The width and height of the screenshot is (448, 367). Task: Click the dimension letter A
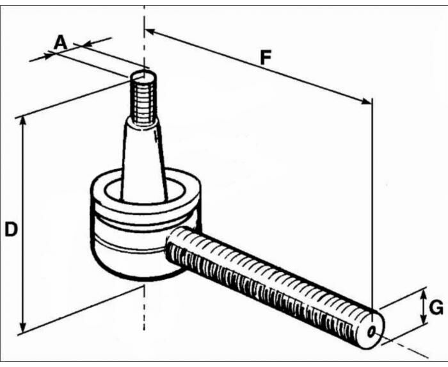point(60,43)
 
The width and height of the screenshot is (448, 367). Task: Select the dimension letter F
point(265,57)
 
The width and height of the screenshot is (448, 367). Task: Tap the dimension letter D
point(10,229)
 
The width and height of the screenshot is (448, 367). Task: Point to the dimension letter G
point(436,308)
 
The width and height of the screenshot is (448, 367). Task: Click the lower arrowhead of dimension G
point(422,321)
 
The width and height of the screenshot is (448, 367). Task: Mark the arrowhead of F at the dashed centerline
point(150,31)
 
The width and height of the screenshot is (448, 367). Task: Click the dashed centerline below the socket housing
point(145,307)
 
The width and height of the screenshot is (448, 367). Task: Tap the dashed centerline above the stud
point(145,38)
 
